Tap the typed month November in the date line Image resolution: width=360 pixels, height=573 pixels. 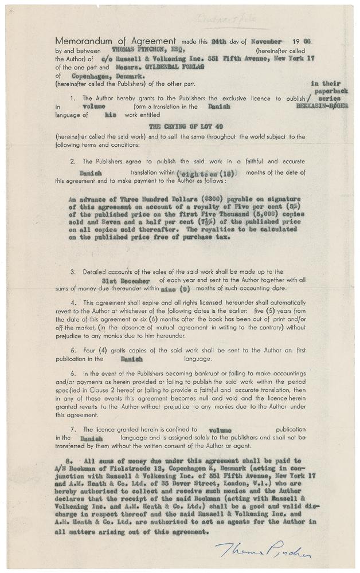pyautogui.click(x=266, y=42)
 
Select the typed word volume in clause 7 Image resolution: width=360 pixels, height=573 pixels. pyautogui.click(x=220, y=429)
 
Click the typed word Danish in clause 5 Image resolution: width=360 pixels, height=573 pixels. pyautogui.click(x=132, y=359)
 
